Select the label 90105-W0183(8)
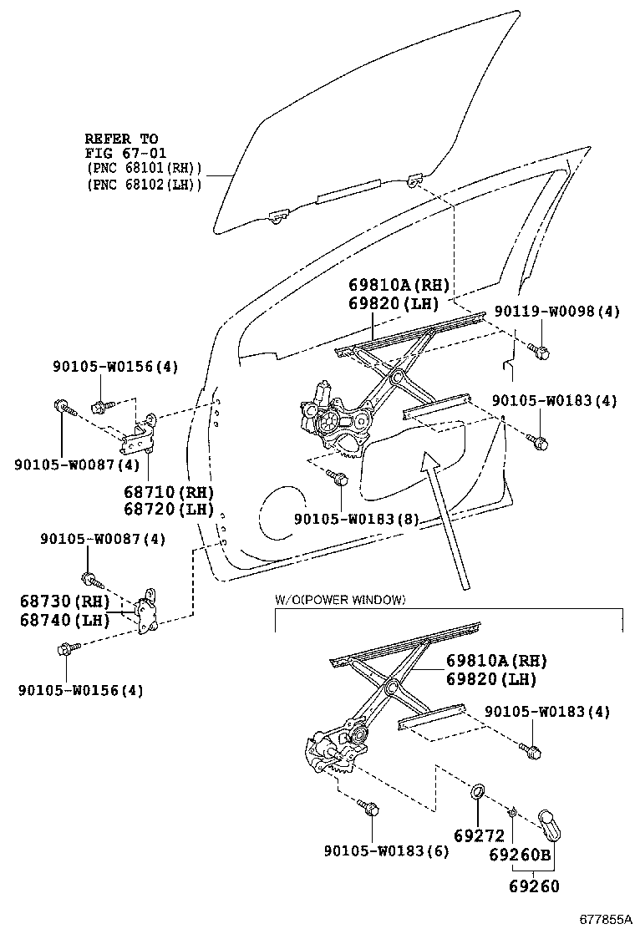356,519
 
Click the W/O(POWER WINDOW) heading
340,600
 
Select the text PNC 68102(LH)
144,184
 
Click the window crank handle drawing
550,824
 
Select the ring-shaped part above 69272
479,790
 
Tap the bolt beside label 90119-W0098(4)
539,352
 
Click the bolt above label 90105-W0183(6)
369,809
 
